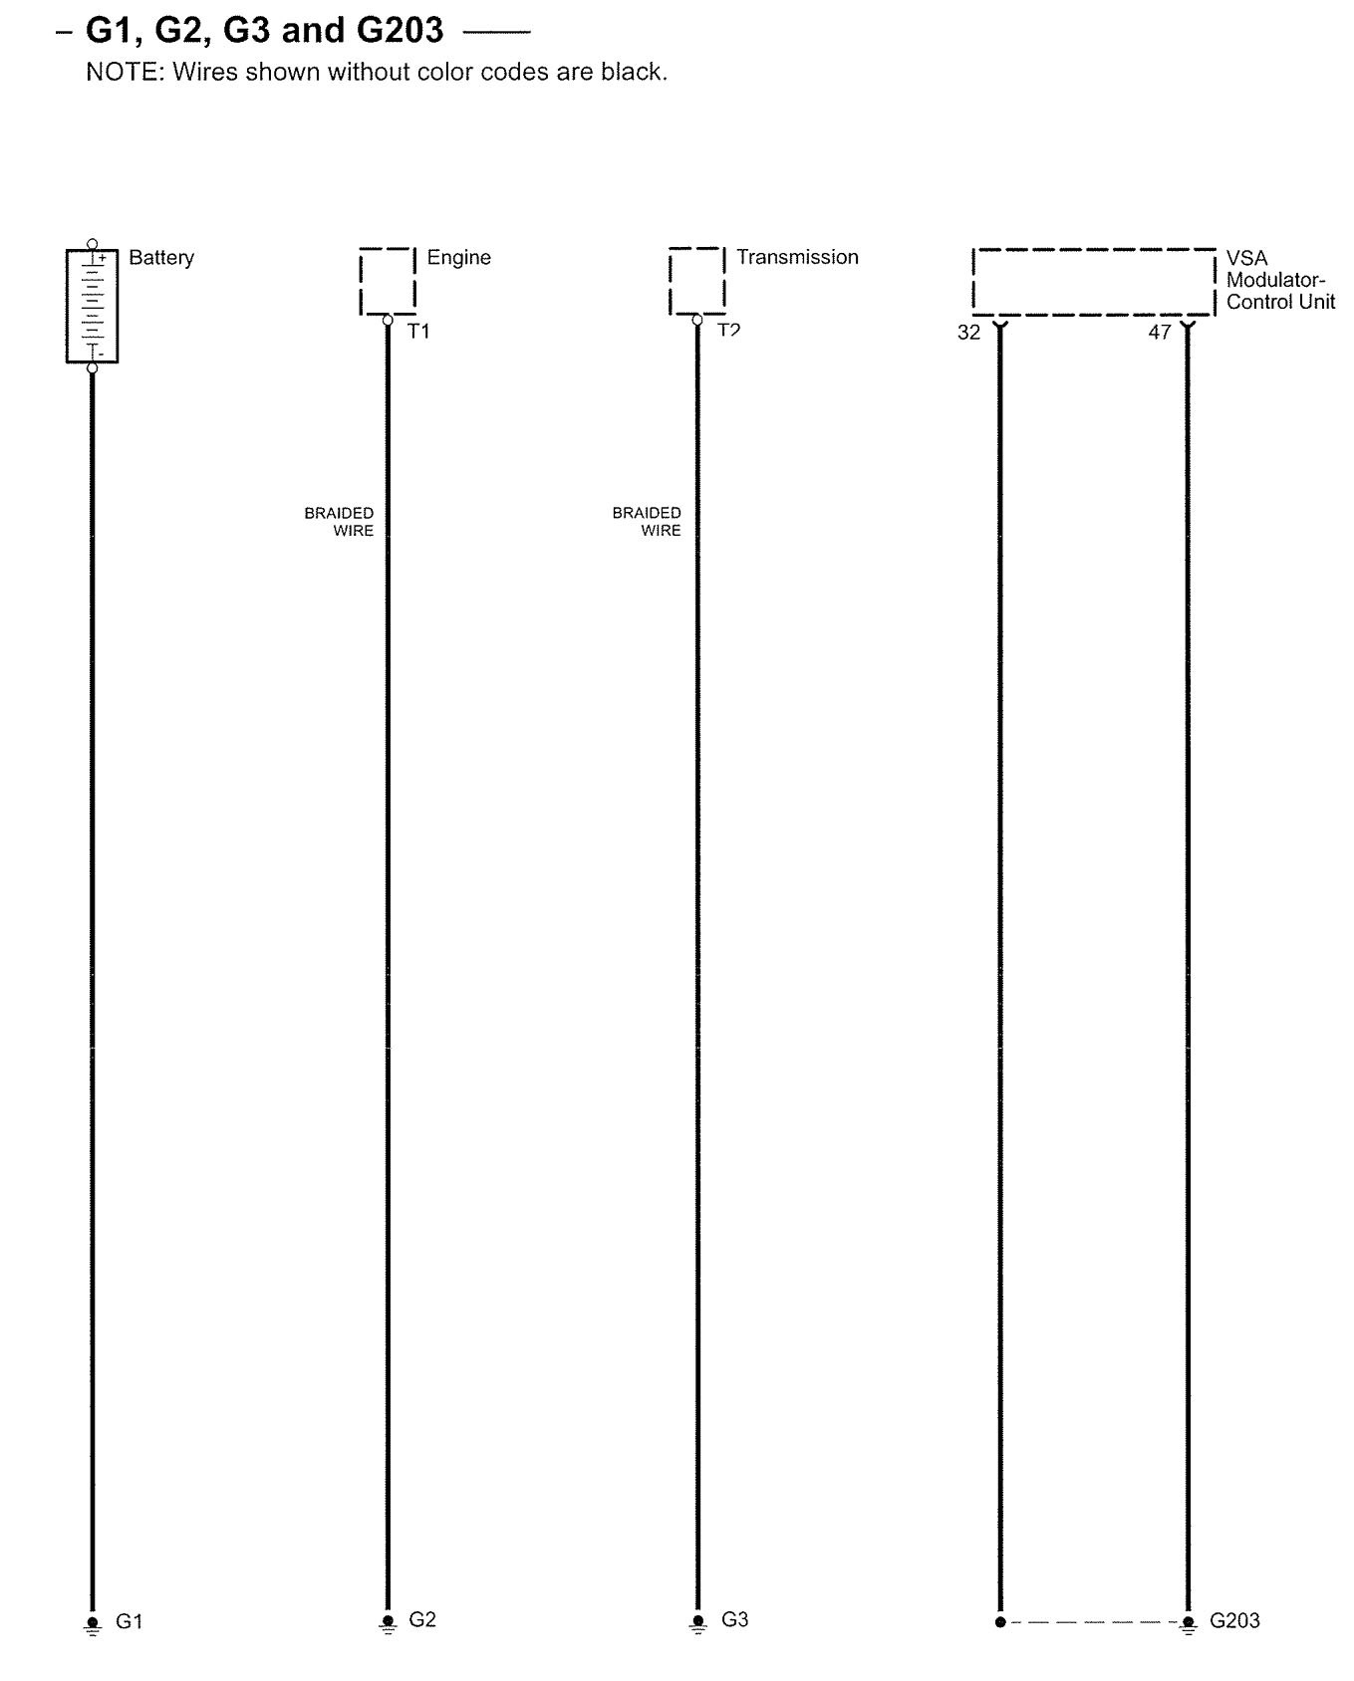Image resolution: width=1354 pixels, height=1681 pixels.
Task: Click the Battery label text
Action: [161, 257]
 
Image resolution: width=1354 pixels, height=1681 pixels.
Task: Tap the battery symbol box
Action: [92, 306]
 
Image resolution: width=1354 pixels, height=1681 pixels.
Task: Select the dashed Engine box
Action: [388, 281]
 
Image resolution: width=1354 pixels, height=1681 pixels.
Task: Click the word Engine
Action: [458, 257]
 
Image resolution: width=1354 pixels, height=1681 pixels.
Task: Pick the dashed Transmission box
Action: [696, 281]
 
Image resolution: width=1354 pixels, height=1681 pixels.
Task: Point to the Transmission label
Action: [797, 257]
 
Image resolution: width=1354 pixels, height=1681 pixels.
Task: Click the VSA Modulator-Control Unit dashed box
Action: [1094, 282]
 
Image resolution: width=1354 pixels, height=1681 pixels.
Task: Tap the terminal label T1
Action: [418, 332]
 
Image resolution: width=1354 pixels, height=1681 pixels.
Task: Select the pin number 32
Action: [968, 333]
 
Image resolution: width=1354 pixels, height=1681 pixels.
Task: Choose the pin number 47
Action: [1159, 333]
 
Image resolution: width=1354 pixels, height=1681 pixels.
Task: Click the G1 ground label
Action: [130, 1622]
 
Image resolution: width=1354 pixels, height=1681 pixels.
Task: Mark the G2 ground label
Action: [422, 1620]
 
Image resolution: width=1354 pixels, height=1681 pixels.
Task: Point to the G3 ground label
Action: [734, 1620]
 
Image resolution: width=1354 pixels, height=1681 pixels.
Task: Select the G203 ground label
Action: [1234, 1621]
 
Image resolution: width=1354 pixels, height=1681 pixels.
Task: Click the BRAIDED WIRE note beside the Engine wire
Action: [340, 522]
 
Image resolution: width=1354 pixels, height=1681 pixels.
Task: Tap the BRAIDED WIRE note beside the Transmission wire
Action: [648, 522]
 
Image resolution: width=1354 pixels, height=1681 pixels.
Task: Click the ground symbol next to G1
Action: [93, 1624]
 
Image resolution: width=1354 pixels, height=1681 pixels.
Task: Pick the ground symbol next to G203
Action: [1188, 1624]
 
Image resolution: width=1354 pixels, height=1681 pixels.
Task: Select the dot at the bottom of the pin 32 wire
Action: [1000, 1622]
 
